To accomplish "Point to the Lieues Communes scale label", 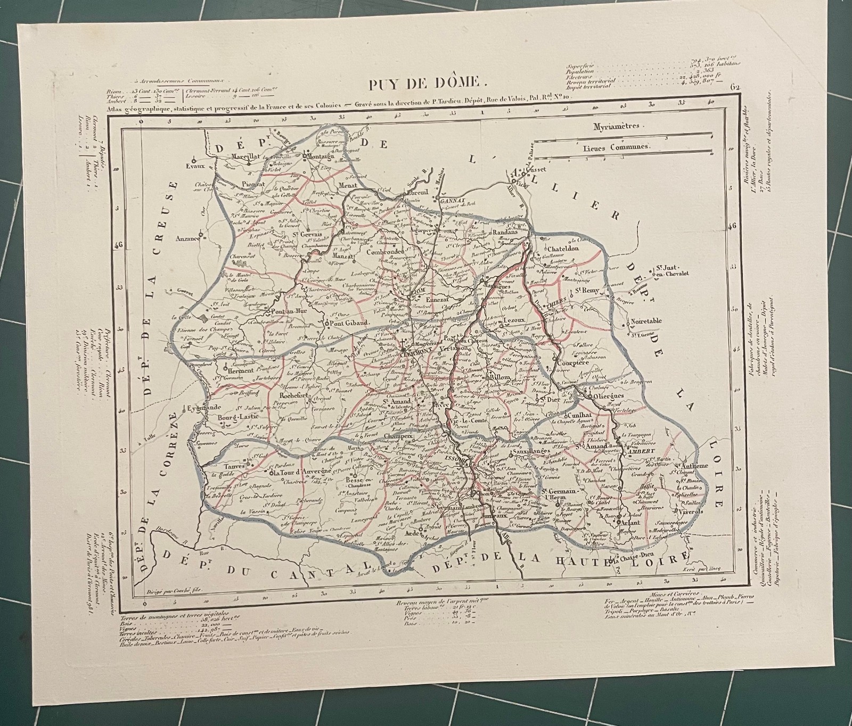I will pos(615,146).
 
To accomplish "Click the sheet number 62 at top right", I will pos(736,87).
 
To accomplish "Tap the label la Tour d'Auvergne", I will pos(302,472).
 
